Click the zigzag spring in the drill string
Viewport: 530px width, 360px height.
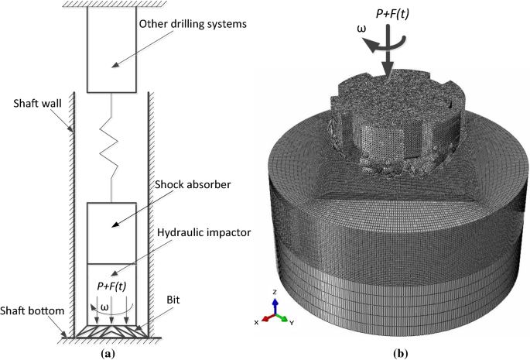[113, 147]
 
